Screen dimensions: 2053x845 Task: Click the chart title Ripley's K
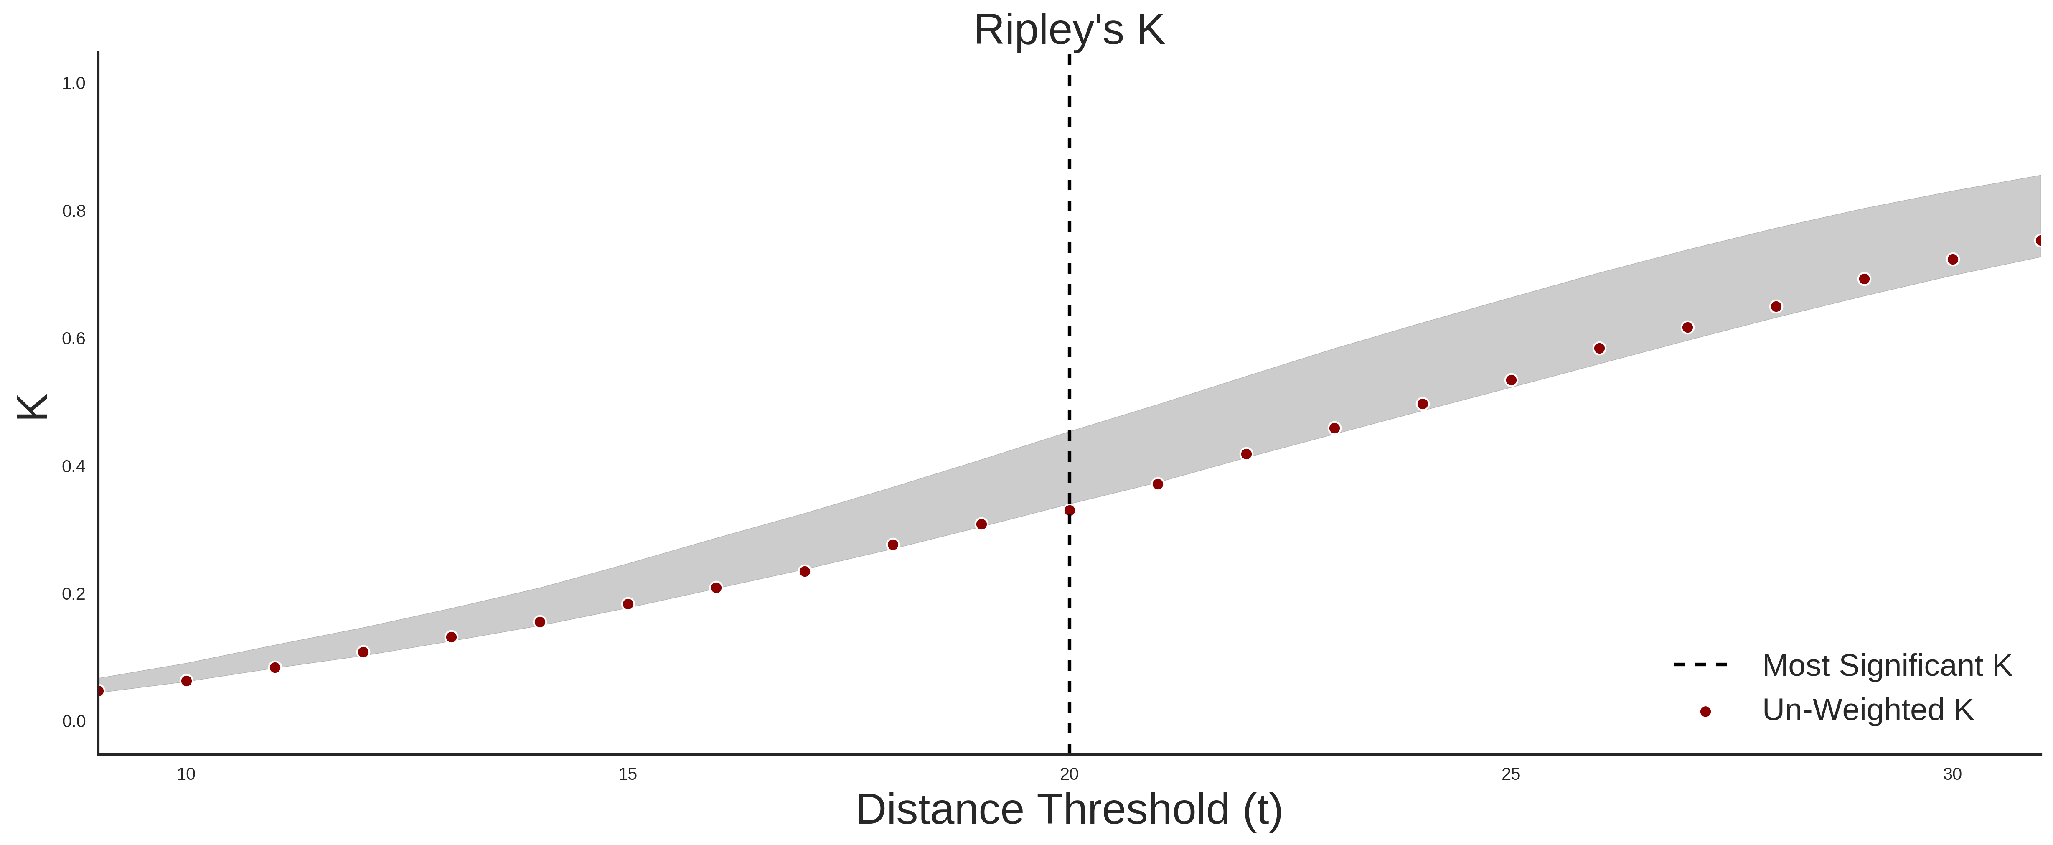click(1069, 30)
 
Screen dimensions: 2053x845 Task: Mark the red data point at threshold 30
click(1953, 259)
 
